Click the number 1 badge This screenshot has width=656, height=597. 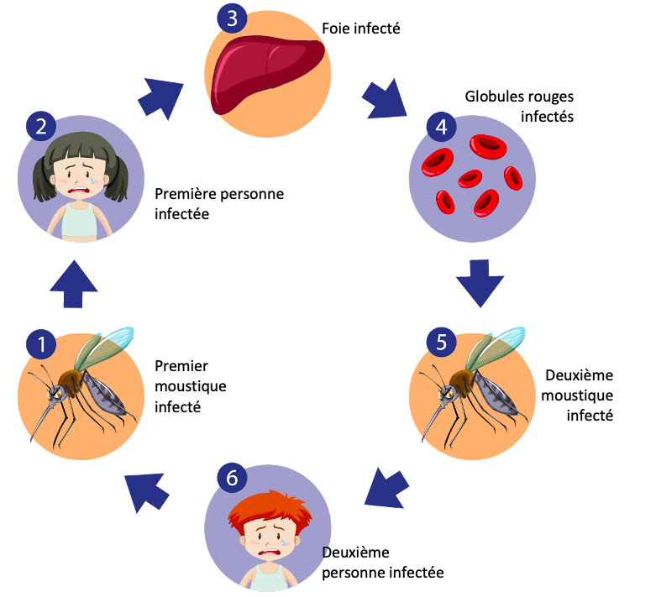[x=41, y=343]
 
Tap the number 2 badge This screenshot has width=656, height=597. [x=41, y=127]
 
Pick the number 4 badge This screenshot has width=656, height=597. [x=439, y=127]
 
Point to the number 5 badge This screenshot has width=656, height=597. [x=440, y=343]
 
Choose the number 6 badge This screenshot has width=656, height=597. [x=233, y=477]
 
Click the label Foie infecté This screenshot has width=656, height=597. [x=360, y=30]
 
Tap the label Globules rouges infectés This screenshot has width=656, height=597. [x=519, y=107]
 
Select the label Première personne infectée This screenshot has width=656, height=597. [x=219, y=204]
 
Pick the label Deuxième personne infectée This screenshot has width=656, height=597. [x=382, y=563]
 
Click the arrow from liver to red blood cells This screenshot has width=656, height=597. [x=386, y=100]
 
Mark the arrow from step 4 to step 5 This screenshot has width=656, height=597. [x=480, y=281]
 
